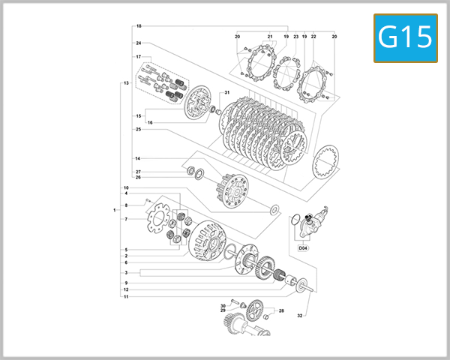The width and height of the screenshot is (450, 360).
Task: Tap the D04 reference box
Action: [x=303, y=247]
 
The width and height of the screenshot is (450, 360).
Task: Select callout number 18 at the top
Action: [x=139, y=26]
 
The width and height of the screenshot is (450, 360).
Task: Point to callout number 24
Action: [x=139, y=43]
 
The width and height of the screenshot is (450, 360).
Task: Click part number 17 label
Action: [x=139, y=57]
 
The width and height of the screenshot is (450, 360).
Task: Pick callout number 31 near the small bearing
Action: [x=225, y=92]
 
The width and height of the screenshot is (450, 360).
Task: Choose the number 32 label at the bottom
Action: [x=299, y=316]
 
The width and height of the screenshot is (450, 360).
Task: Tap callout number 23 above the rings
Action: [x=295, y=37]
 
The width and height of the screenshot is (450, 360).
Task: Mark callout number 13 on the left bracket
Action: [x=127, y=82]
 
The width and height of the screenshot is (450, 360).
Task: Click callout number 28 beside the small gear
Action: [x=281, y=310]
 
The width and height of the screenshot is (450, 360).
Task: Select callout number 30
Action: [x=223, y=306]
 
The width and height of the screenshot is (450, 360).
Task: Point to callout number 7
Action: [x=127, y=219]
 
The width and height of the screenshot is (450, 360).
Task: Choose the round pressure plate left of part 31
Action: [x=198, y=103]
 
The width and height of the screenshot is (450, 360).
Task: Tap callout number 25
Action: [x=139, y=129]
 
